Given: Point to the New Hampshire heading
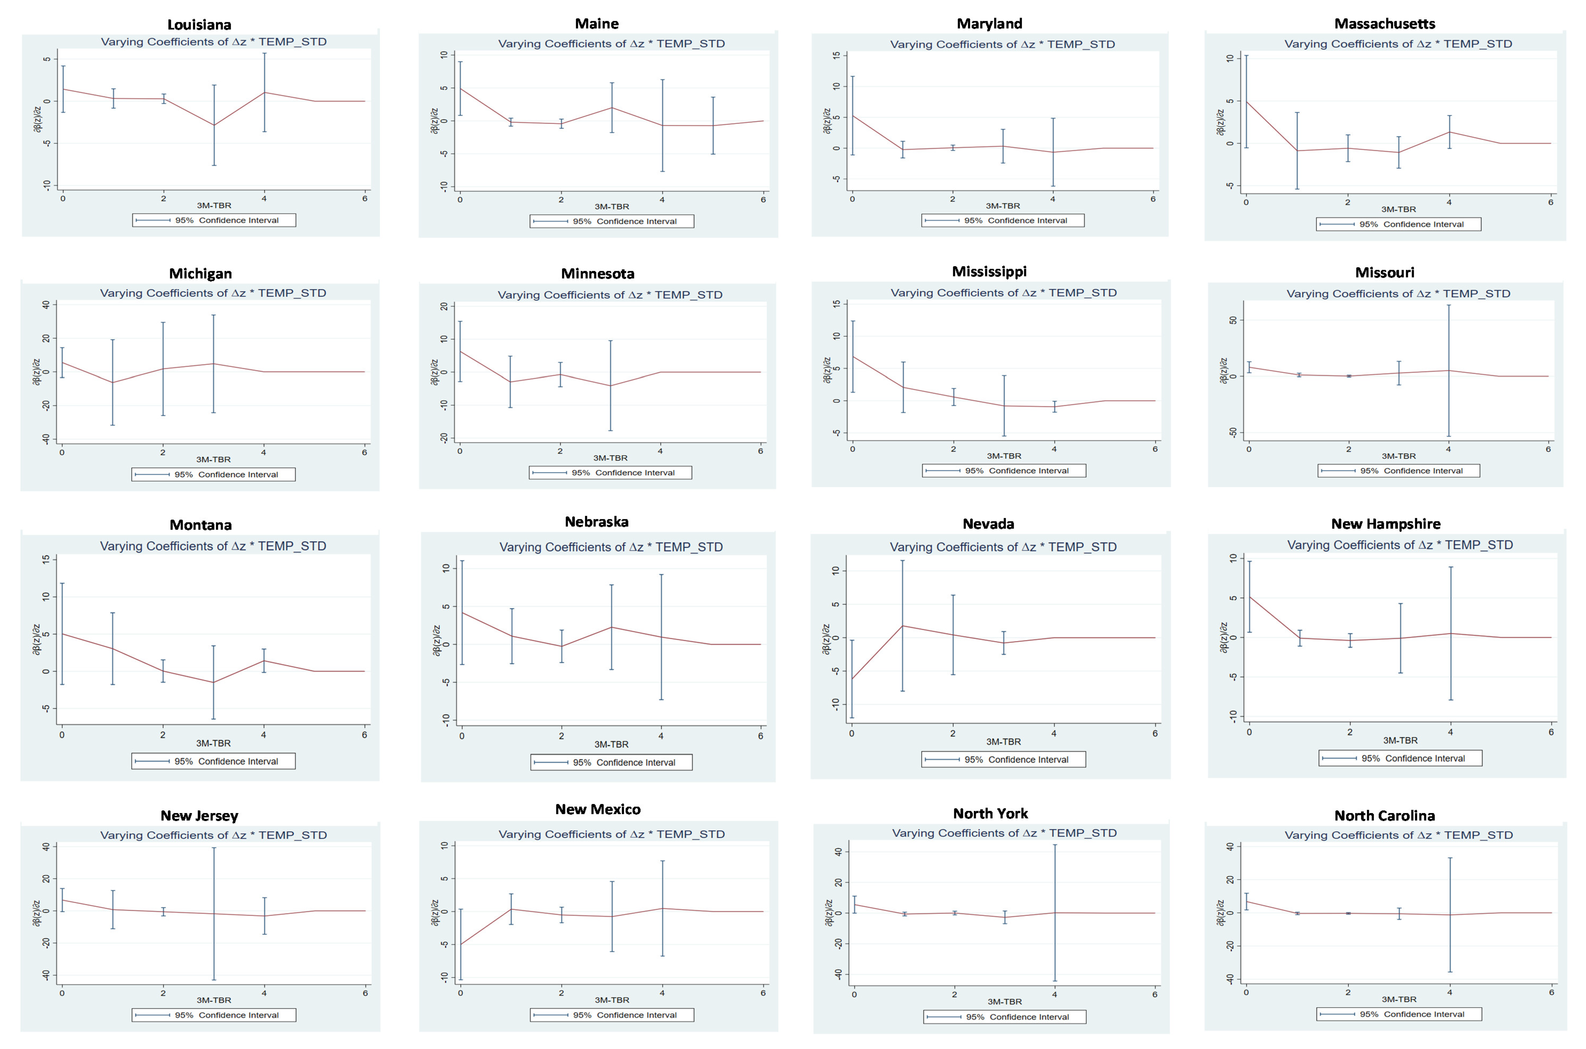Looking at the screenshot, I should coord(1385,524).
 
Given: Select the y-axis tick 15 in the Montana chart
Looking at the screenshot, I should coord(45,559).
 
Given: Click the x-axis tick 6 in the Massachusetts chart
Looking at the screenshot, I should coord(1550,202).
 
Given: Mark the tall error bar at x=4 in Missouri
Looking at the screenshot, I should coord(1449,371).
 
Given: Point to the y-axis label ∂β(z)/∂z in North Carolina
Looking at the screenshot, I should coord(1220,913).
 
